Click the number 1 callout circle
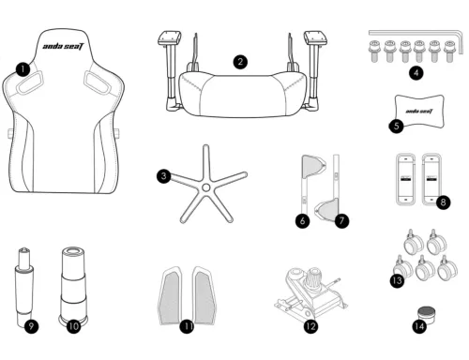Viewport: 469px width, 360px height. [x=23, y=69]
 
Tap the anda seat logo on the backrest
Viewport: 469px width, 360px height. [x=64, y=47]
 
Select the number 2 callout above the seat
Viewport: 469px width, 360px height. [x=240, y=62]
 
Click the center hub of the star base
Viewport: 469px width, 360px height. [x=205, y=187]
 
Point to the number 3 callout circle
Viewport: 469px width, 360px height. [x=164, y=176]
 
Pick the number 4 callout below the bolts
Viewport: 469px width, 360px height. [x=416, y=73]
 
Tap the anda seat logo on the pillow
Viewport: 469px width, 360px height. [x=419, y=112]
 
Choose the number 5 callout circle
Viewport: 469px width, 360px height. [x=396, y=126]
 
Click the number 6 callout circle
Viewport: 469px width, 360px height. [x=302, y=220]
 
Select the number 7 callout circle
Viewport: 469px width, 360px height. [x=341, y=220]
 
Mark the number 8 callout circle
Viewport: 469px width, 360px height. [x=444, y=202]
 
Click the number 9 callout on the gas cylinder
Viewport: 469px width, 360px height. [x=31, y=326]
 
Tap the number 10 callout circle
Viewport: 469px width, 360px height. [x=74, y=326]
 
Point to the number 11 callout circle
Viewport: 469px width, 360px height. [x=188, y=326]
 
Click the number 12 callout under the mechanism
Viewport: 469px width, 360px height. [x=310, y=326]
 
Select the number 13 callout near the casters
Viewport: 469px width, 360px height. [x=398, y=280]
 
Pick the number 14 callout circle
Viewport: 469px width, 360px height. [x=419, y=326]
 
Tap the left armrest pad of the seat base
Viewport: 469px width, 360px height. [x=170, y=37]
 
